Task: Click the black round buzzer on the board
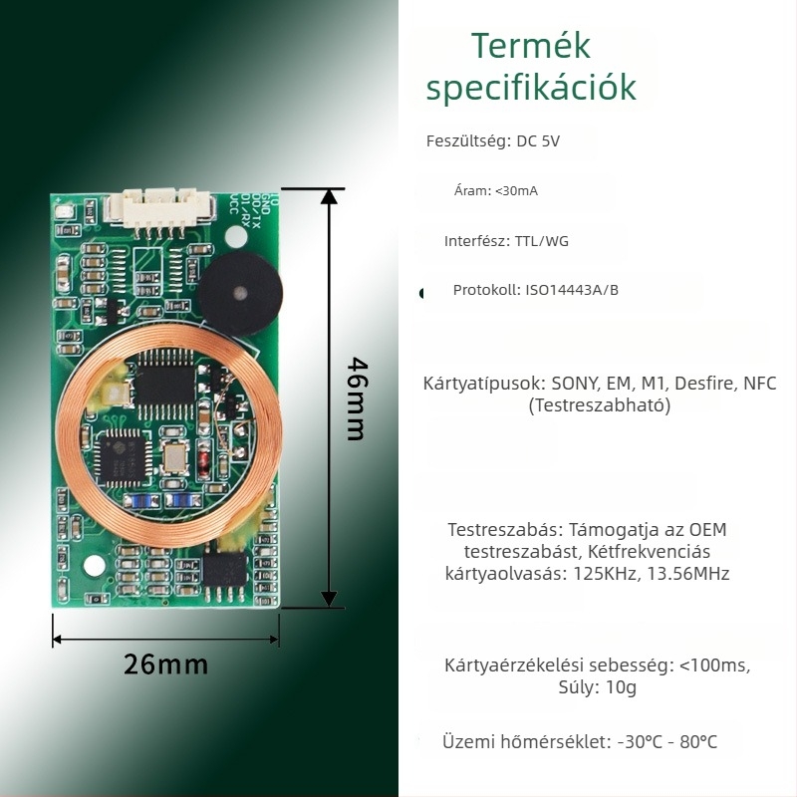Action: [240, 293]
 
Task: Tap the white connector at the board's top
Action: [158, 208]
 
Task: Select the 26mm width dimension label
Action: [165, 664]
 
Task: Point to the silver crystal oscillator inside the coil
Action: [174, 456]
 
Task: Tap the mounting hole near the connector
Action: [236, 236]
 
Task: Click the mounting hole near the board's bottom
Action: [95, 566]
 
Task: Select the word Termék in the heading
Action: [531, 46]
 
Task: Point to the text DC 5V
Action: [538, 140]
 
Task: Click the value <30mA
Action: [516, 190]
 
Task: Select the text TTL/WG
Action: [541, 241]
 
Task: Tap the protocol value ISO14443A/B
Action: [572, 290]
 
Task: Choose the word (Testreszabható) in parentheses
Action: [600, 405]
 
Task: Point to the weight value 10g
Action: [621, 687]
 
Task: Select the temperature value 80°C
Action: [698, 741]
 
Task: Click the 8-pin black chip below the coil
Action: [225, 570]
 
